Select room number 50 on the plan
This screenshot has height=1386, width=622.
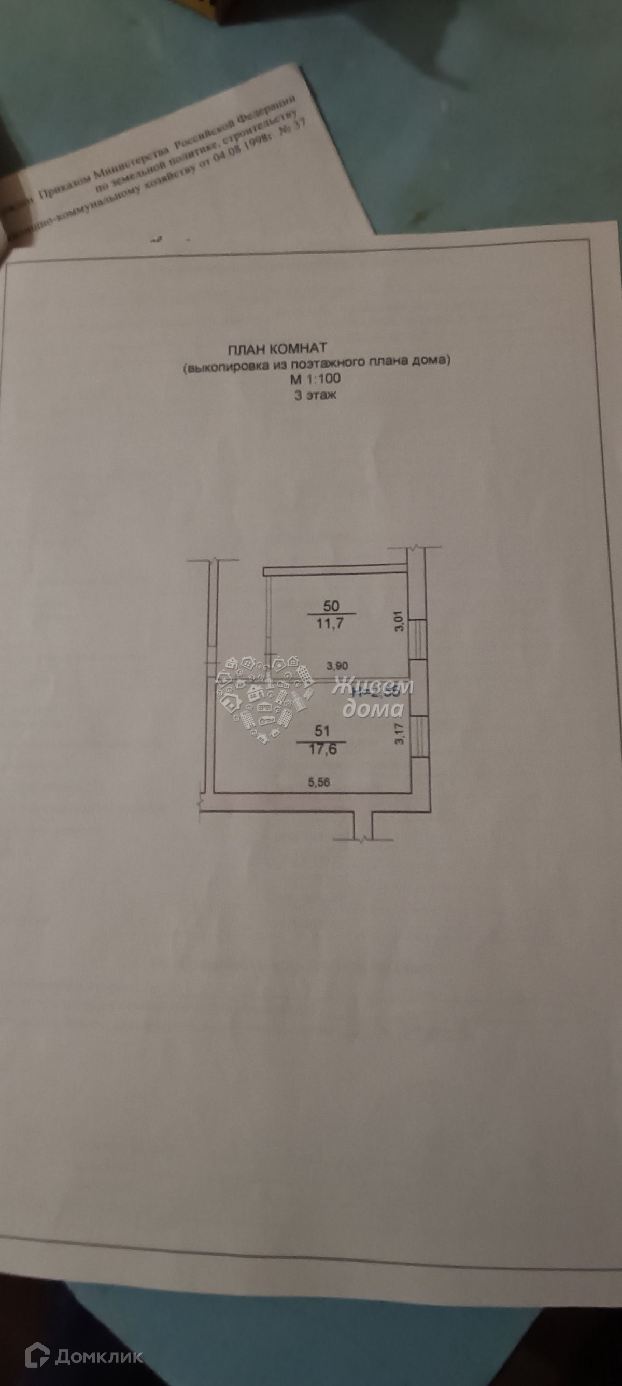[x=331, y=605]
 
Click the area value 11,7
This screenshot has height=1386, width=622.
[x=331, y=625]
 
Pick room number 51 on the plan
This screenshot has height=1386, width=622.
[x=322, y=731]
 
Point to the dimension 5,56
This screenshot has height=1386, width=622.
[x=319, y=782]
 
